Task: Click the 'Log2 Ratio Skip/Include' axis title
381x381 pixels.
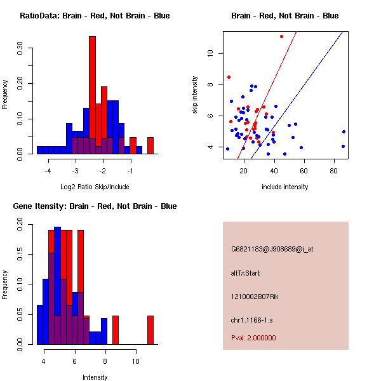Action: (95, 187)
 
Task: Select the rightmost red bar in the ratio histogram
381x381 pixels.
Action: (150, 145)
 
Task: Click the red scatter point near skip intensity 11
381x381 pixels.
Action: (281, 36)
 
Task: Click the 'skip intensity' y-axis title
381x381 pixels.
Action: (196, 95)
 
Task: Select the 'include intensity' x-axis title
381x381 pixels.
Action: (284, 187)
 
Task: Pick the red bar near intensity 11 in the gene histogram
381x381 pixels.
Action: (150, 330)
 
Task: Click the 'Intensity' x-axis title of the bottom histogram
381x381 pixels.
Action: (95, 377)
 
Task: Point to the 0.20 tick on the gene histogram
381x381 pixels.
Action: (20, 224)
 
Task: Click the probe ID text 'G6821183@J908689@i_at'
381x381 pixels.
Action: (272, 249)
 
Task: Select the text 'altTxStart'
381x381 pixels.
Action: (246, 273)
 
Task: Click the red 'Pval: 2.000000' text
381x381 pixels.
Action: (253, 338)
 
